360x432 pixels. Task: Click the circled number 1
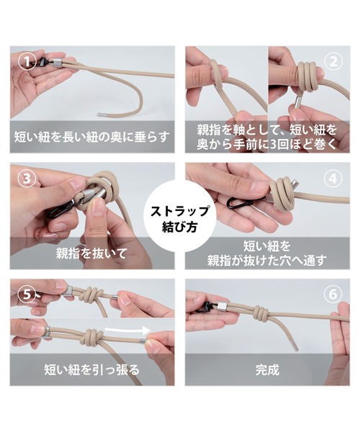coord(27,61)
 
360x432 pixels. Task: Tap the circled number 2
coord(333,61)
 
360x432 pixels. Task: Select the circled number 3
coord(27,179)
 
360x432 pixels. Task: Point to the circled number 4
coord(333,179)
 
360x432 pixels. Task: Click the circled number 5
coord(27,294)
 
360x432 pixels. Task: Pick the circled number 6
coord(333,294)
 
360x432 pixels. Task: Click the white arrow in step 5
coord(128,330)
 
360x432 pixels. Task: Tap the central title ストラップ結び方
coord(179,219)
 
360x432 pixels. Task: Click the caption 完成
coord(267,370)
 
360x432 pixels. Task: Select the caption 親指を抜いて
coord(91,253)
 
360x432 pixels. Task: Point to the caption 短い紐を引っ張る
coord(92,370)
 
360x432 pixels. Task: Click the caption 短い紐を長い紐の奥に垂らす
coord(91,137)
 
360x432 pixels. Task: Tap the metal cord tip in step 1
coord(100,113)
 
